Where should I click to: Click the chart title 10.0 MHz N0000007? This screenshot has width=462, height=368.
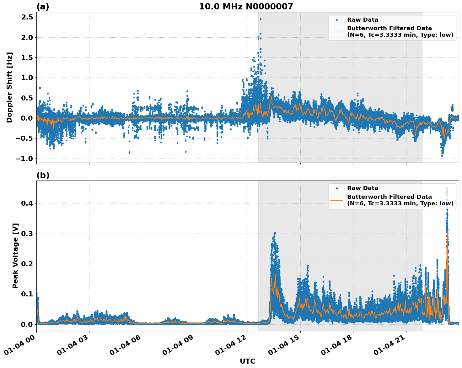(x=246, y=7)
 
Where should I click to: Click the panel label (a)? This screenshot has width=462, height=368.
(x=43, y=7)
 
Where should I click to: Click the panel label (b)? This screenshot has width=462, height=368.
(x=43, y=175)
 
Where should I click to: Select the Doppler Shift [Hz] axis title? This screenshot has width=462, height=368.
(x=9, y=87)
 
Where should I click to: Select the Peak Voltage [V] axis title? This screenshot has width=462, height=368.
(x=15, y=256)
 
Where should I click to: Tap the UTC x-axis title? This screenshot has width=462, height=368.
(x=247, y=361)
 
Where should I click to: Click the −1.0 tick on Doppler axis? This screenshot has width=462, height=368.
(x=24, y=159)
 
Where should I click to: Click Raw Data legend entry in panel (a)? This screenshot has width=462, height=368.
(x=363, y=20)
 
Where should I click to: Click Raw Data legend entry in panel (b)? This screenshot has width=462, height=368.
(x=363, y=188)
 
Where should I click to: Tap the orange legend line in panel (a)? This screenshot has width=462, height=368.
(x=337, y=32)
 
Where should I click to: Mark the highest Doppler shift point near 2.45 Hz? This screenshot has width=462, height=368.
(x=261, y=19)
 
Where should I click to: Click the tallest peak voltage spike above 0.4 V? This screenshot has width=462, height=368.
(x=447, y=188)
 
